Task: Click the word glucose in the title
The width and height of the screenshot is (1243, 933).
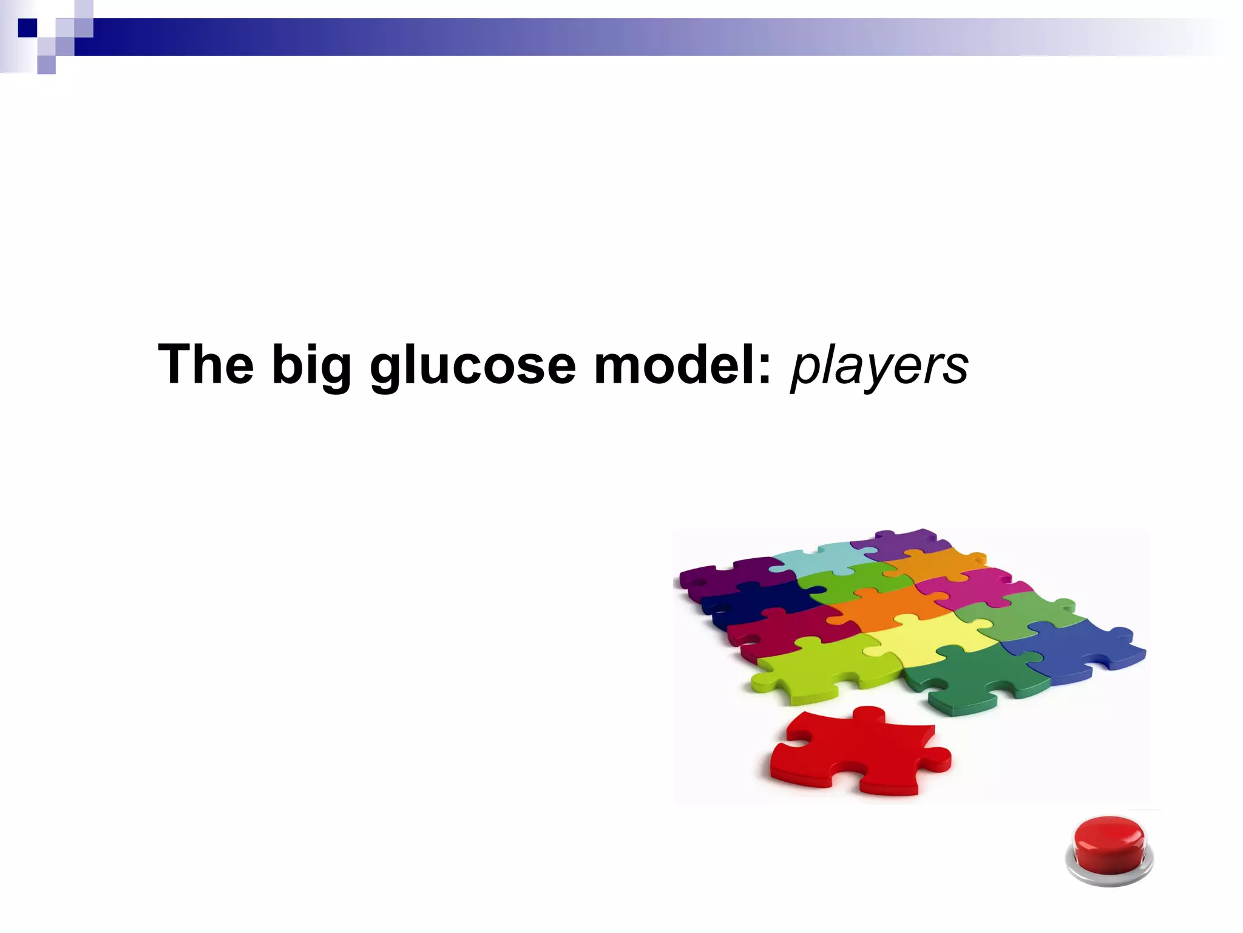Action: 472,365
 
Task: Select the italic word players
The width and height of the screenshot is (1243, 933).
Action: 879,366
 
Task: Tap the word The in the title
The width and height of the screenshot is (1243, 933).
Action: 205,365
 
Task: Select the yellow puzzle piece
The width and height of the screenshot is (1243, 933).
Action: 929,638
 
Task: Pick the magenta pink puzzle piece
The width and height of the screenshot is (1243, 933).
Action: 971,586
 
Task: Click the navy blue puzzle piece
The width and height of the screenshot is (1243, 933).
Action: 759,601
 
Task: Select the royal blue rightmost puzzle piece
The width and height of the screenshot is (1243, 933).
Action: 1074,650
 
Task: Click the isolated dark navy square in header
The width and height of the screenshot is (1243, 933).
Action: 27,28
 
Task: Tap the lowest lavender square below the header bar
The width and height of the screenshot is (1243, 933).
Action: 46,65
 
